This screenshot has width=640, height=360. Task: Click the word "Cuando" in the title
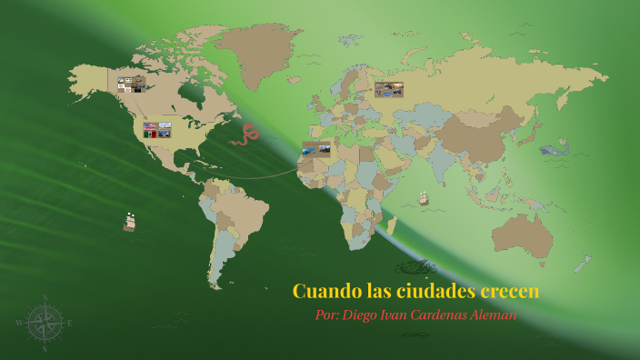click(x=325, y=292)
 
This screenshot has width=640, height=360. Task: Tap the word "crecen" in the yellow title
click(x=509, y=292)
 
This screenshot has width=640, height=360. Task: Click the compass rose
click(x=44, y=323)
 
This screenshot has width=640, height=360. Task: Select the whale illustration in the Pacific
click(x=554, y=150)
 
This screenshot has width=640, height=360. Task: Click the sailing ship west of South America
click(x=129, y=222)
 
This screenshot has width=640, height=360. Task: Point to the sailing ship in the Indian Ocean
click(x=423, y=198)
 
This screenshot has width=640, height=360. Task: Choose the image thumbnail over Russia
click(x=388, y=89)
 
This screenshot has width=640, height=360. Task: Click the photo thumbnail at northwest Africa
click(x=316, y=148)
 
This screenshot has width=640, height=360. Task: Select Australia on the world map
click(x=523, y=237)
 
